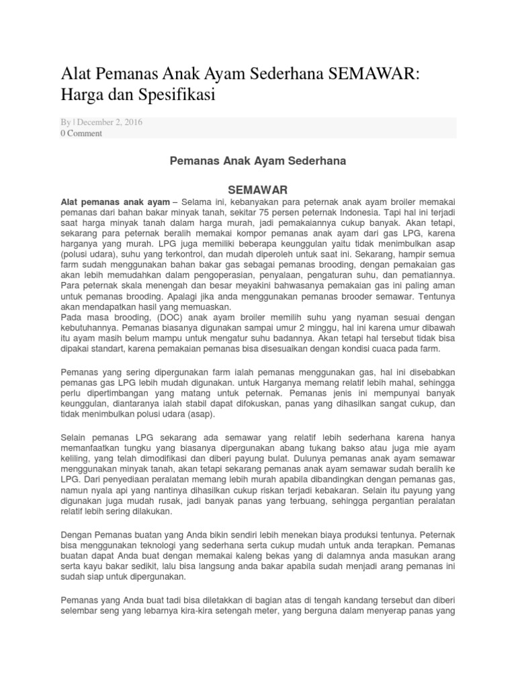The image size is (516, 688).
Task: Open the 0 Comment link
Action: [81, 133]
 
